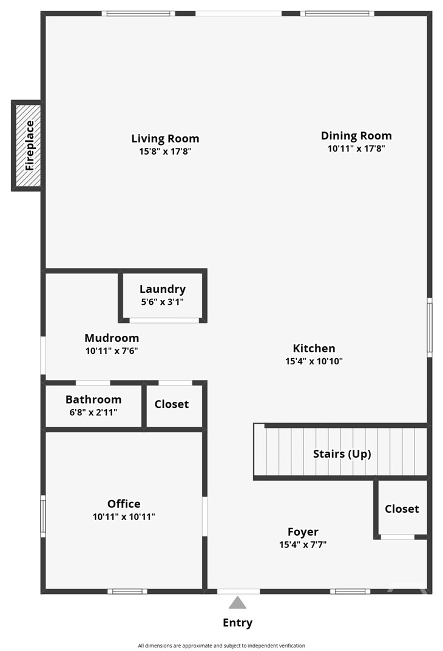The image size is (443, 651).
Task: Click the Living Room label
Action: [165, 138]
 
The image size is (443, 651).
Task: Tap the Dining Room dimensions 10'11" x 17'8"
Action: [356, 148]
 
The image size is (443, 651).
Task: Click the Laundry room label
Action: [162, 289]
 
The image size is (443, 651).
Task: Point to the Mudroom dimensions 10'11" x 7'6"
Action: [112, 350]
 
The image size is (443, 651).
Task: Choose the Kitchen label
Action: [314, 348]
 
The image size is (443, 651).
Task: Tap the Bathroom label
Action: [93, 399]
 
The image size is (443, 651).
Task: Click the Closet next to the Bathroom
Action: [171, 404]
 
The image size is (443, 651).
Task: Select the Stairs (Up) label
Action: [342, 453]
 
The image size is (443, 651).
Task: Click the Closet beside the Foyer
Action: [402, 509]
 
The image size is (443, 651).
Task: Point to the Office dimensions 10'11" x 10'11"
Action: [124, 517]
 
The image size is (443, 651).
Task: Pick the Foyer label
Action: [302, 532]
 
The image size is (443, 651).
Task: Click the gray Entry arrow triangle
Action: [237, 603]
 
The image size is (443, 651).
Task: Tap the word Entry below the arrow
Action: [237, 623]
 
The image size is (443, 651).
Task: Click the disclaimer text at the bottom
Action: [221, 646]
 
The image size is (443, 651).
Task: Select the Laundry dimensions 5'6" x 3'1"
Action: [162, 301]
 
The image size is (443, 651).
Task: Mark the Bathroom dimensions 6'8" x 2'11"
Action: [93, 412]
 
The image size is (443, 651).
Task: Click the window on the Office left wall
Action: [43, 516]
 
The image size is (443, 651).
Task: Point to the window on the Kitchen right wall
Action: [429, 327]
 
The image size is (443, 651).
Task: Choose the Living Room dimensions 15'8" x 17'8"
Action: [165, 151]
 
